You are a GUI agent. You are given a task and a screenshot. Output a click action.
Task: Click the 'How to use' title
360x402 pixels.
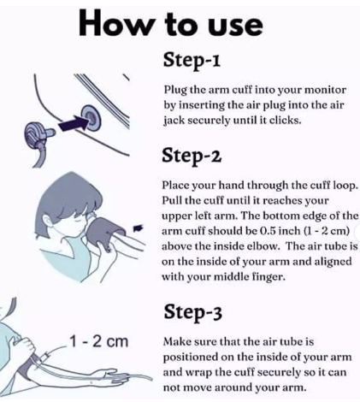click(170, 23)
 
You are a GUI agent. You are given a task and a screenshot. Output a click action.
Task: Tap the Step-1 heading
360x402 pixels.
click(192, 60)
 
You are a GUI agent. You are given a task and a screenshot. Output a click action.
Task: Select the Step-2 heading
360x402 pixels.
click(192, 156)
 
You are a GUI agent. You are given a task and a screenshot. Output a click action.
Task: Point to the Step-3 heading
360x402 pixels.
click(192, 312)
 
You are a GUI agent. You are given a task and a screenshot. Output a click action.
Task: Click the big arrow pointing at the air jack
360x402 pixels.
click(73, 124)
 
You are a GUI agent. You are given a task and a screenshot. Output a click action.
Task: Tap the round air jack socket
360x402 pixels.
click(91, 116)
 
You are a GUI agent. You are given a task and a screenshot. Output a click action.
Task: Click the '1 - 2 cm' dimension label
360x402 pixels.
click(98, 341)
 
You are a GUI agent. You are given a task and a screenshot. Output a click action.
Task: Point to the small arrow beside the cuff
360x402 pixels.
click(139, 228)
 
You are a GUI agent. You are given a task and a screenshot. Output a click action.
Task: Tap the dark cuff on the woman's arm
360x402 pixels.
click(104, 233)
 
